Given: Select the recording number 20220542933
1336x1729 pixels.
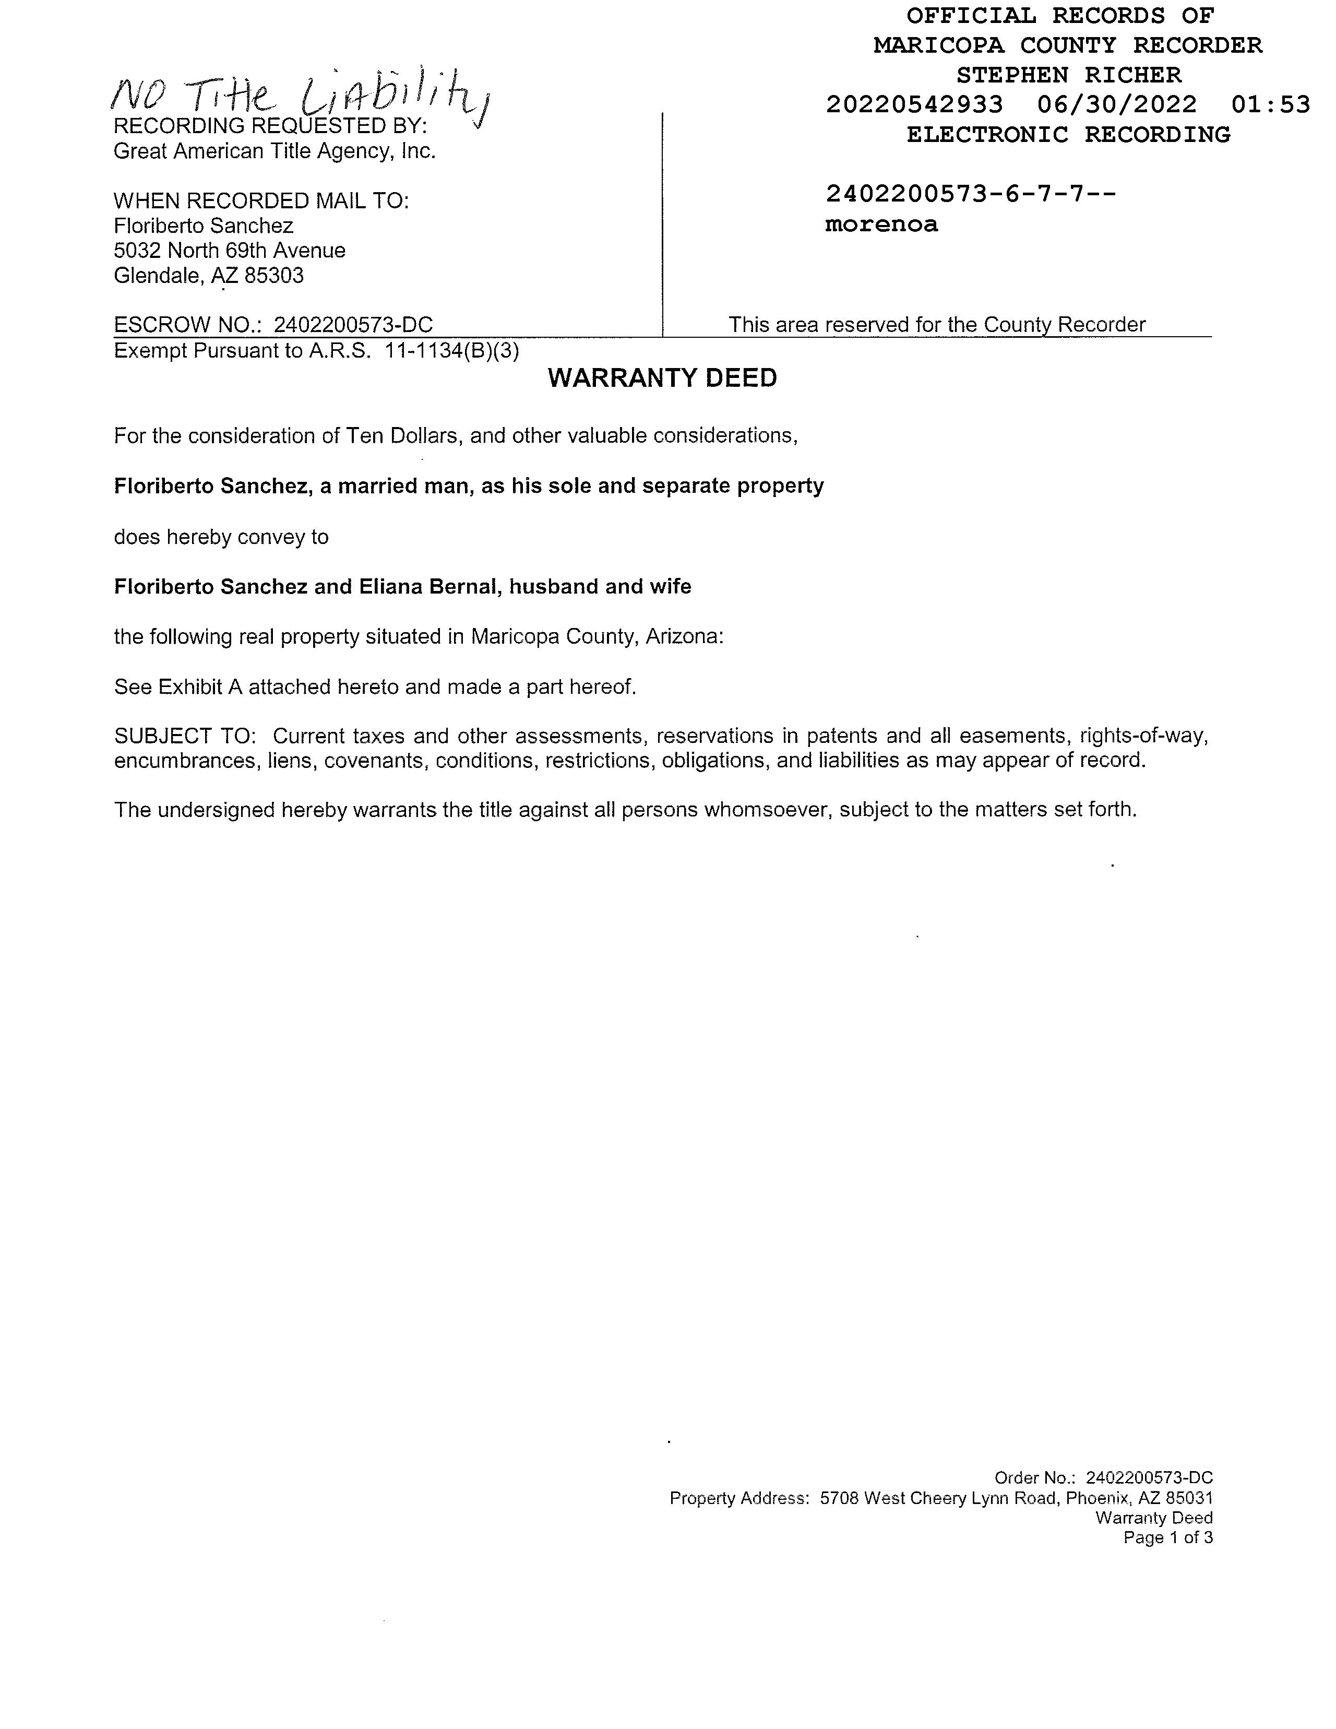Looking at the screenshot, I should click(914, 104).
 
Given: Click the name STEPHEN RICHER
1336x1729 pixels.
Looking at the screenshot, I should click(1068, 75).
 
